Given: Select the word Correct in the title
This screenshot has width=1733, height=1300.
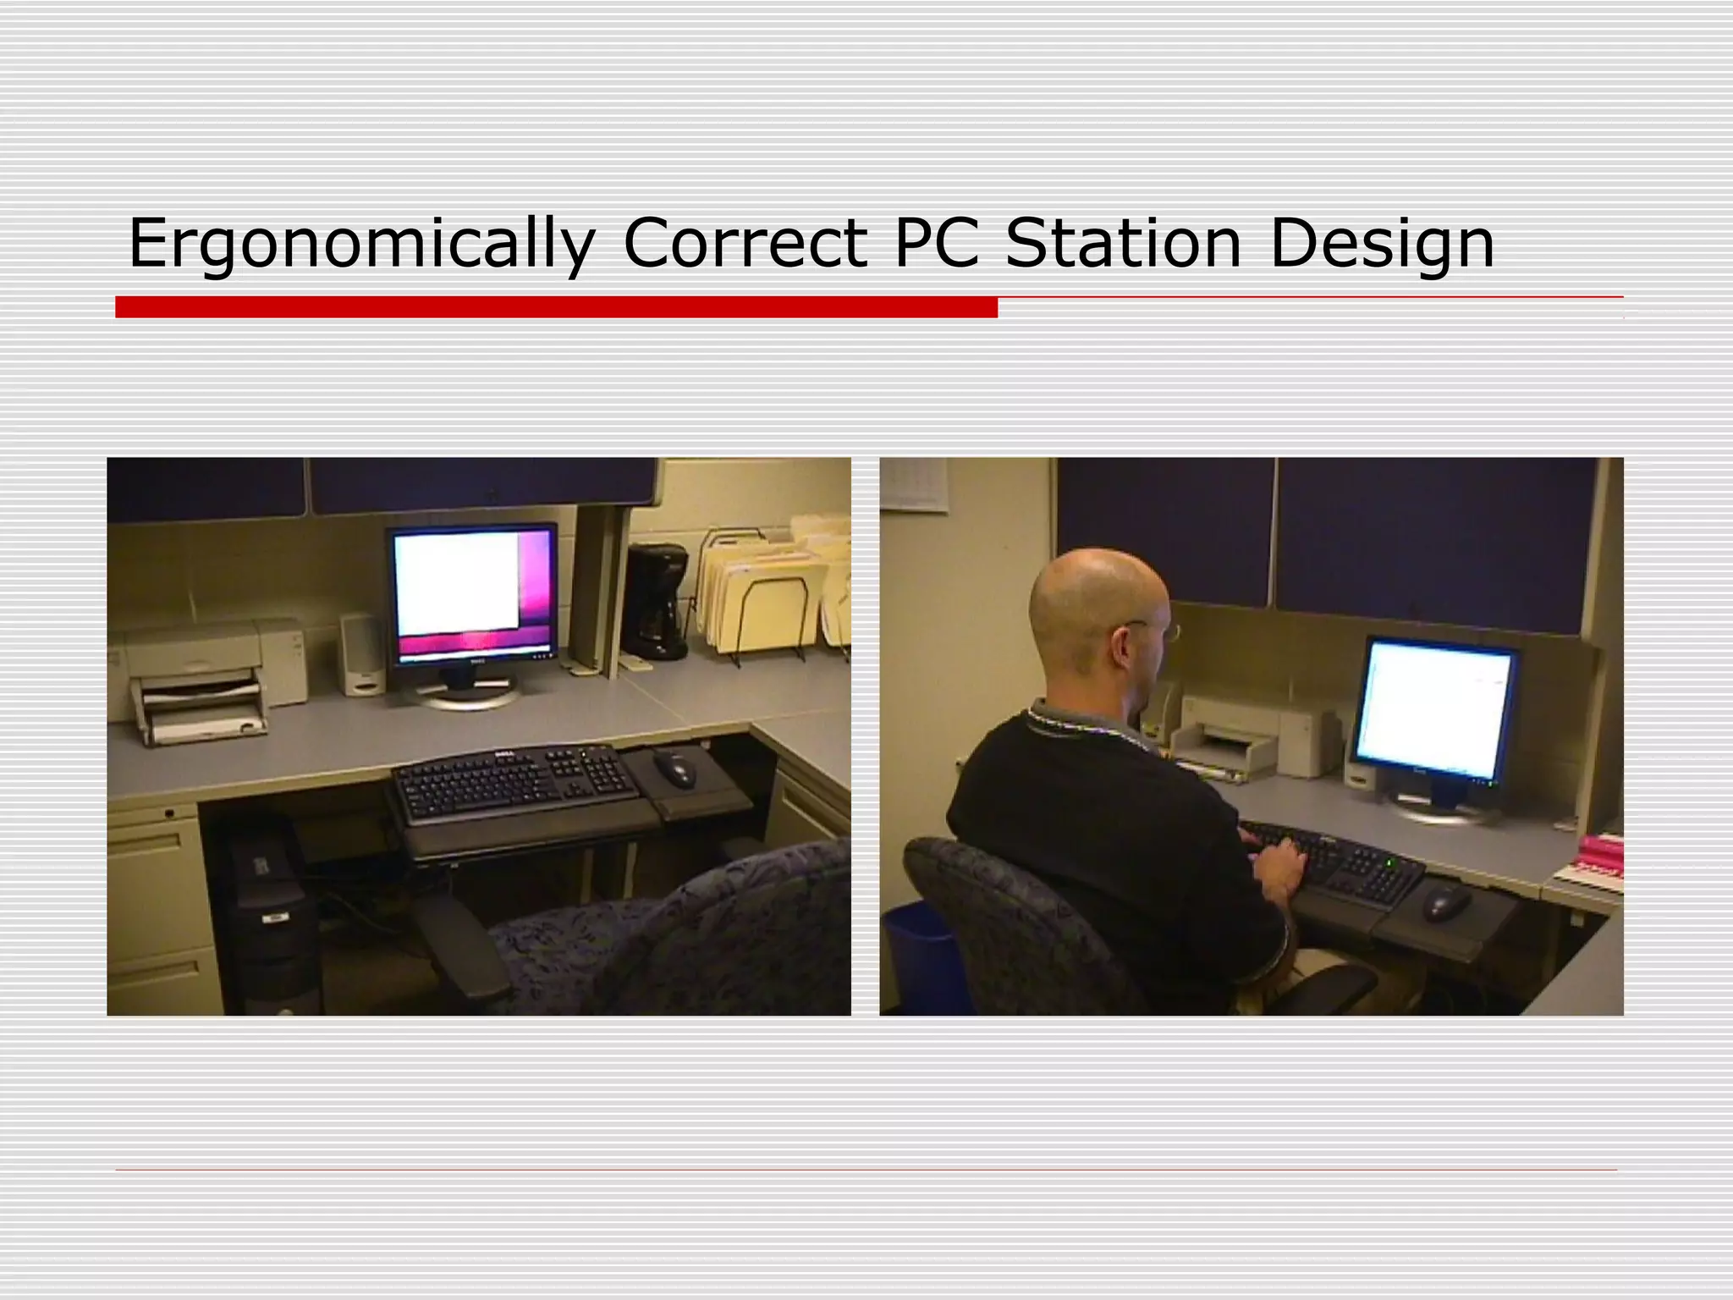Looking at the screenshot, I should [745, 243].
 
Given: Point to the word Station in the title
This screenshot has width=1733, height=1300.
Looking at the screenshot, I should [1123, 243].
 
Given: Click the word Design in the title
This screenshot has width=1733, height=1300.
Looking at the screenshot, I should [1382, 243].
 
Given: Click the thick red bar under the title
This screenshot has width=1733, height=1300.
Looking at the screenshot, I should [556, 307].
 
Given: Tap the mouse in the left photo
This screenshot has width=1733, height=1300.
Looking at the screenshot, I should [674, 767].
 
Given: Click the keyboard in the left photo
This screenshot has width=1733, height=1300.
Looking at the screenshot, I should [514, 783].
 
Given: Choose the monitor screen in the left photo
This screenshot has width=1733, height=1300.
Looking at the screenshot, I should [470, 592].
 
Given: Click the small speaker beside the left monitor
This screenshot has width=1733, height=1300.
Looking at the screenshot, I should [361, 654].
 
